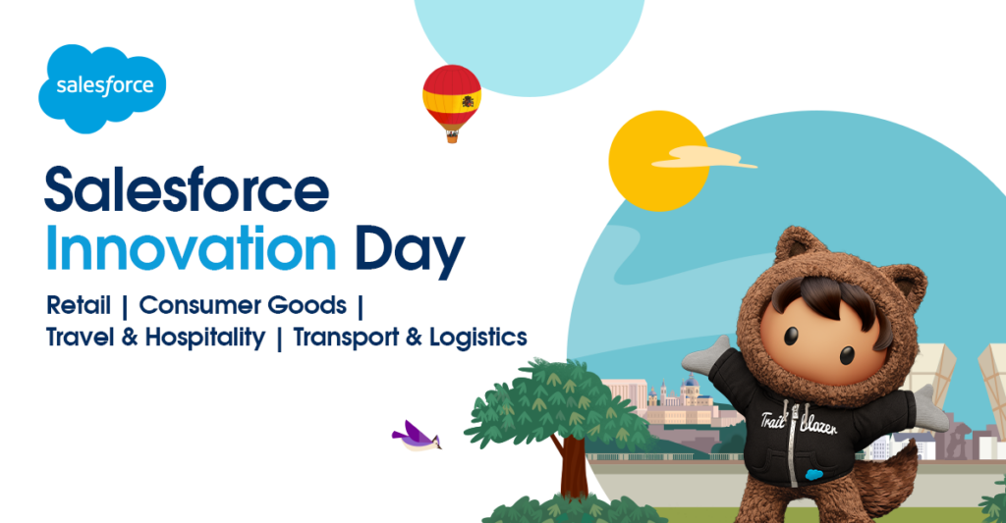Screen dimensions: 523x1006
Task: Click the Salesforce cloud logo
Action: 102,86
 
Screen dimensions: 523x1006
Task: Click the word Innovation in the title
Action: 192,249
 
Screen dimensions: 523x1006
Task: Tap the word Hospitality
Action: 205,339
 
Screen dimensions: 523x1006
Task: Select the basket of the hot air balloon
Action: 452,137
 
